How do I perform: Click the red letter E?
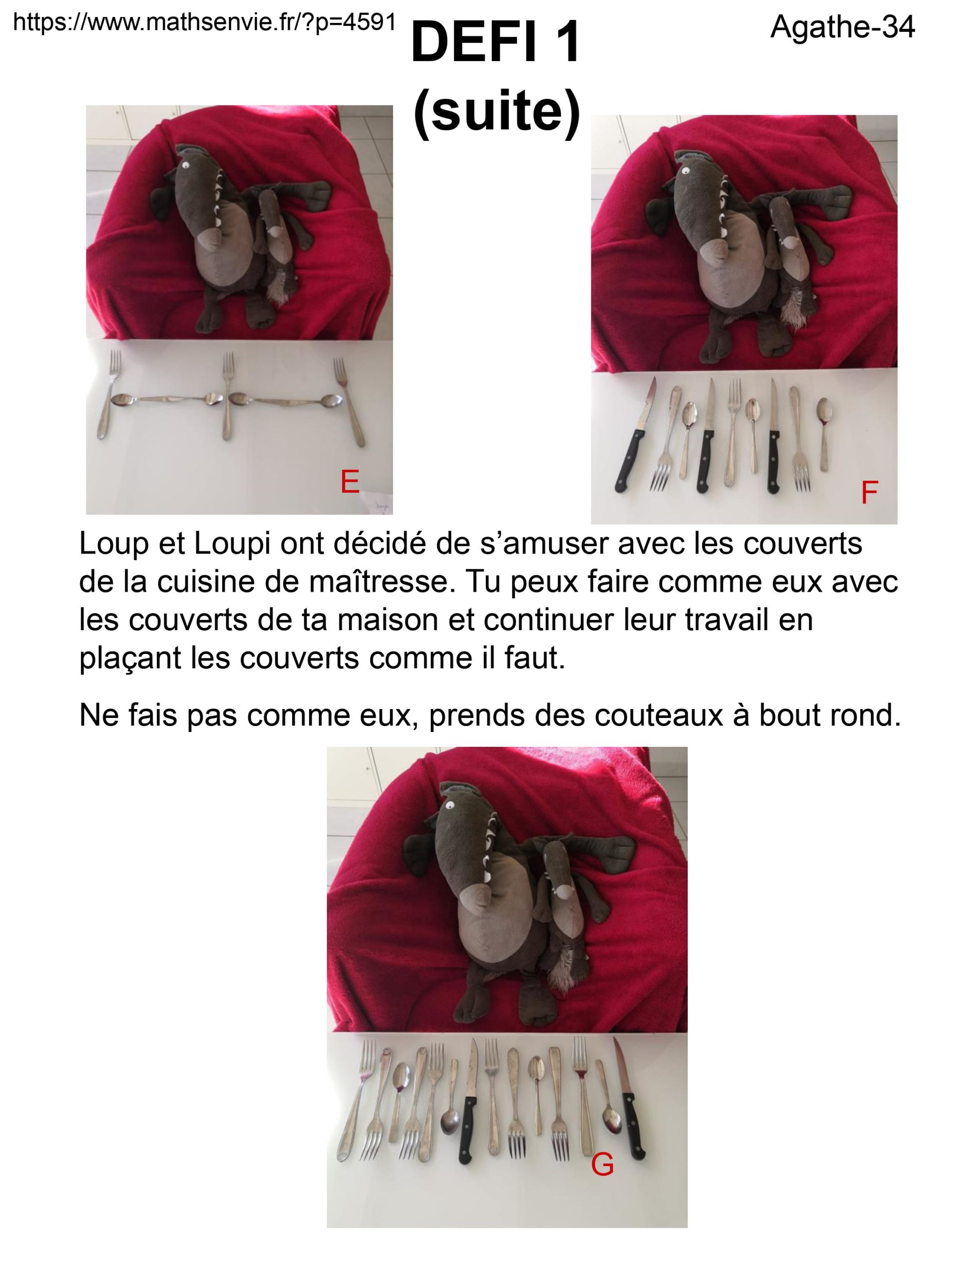[350, 482]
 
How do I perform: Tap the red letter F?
[869, 493]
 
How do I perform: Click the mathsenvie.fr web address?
[204, 22]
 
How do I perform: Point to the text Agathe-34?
[842, 26]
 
